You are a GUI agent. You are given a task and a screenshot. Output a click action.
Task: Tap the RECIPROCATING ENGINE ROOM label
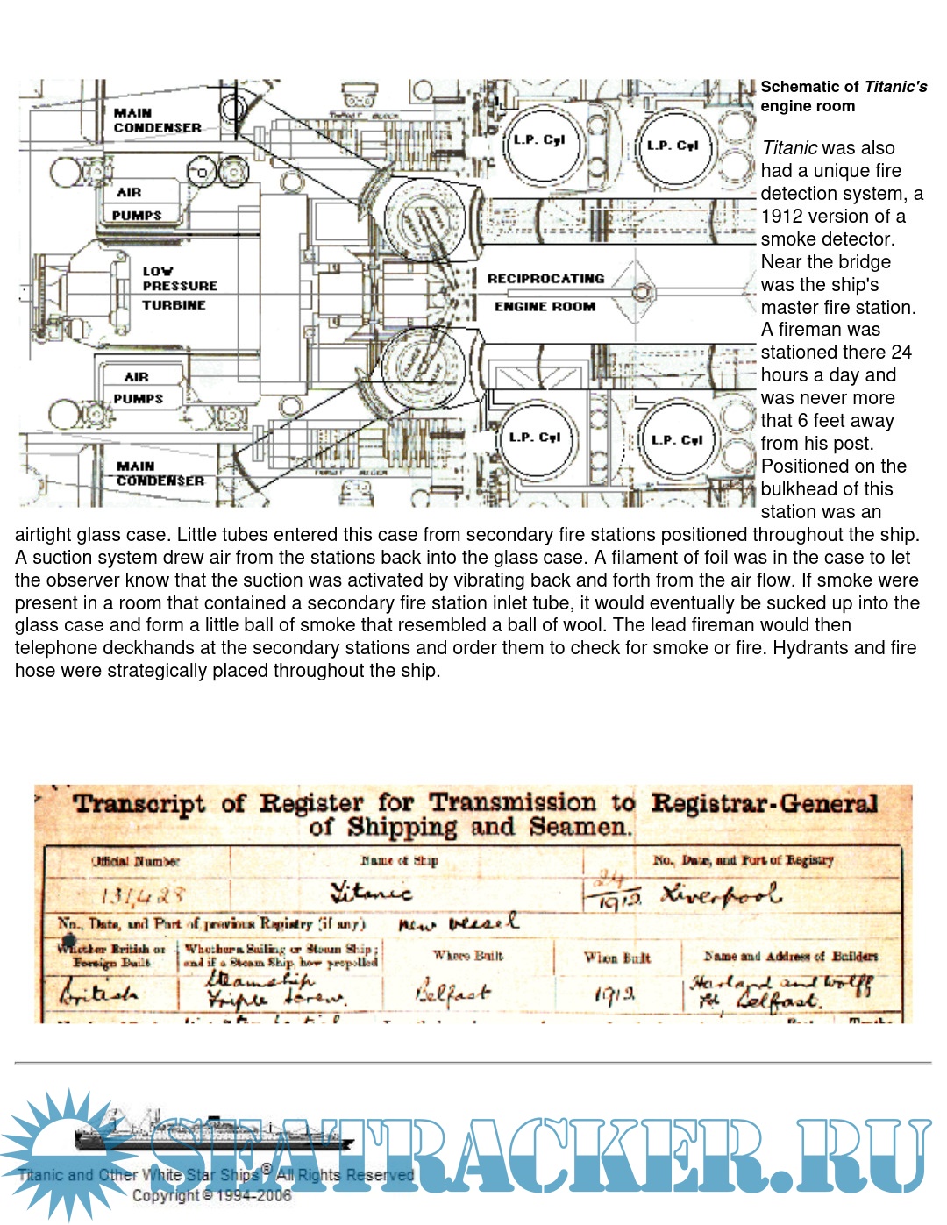point(545,292)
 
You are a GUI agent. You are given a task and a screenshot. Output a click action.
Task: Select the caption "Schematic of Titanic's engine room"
point(843,96)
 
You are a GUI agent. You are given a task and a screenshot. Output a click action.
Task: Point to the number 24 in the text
point(901,353)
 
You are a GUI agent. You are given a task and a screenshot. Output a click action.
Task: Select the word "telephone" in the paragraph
point(55,648)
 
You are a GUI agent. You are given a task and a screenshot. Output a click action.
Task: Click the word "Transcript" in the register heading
point(139,803)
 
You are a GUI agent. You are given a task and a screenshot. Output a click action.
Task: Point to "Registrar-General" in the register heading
point(764,803)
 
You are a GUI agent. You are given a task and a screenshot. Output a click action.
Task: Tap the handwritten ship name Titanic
point(370,893)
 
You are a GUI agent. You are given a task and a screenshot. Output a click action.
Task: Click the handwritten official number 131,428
point(142,895)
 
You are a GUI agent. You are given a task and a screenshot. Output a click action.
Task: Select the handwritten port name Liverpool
point(721,894)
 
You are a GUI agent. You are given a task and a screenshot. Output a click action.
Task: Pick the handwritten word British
point(98,994)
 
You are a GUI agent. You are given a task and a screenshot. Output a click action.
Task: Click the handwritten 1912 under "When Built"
point(615,994)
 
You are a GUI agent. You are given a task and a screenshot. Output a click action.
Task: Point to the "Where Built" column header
point(467,956)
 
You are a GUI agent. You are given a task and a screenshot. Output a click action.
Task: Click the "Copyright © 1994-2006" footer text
point(211,1195)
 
